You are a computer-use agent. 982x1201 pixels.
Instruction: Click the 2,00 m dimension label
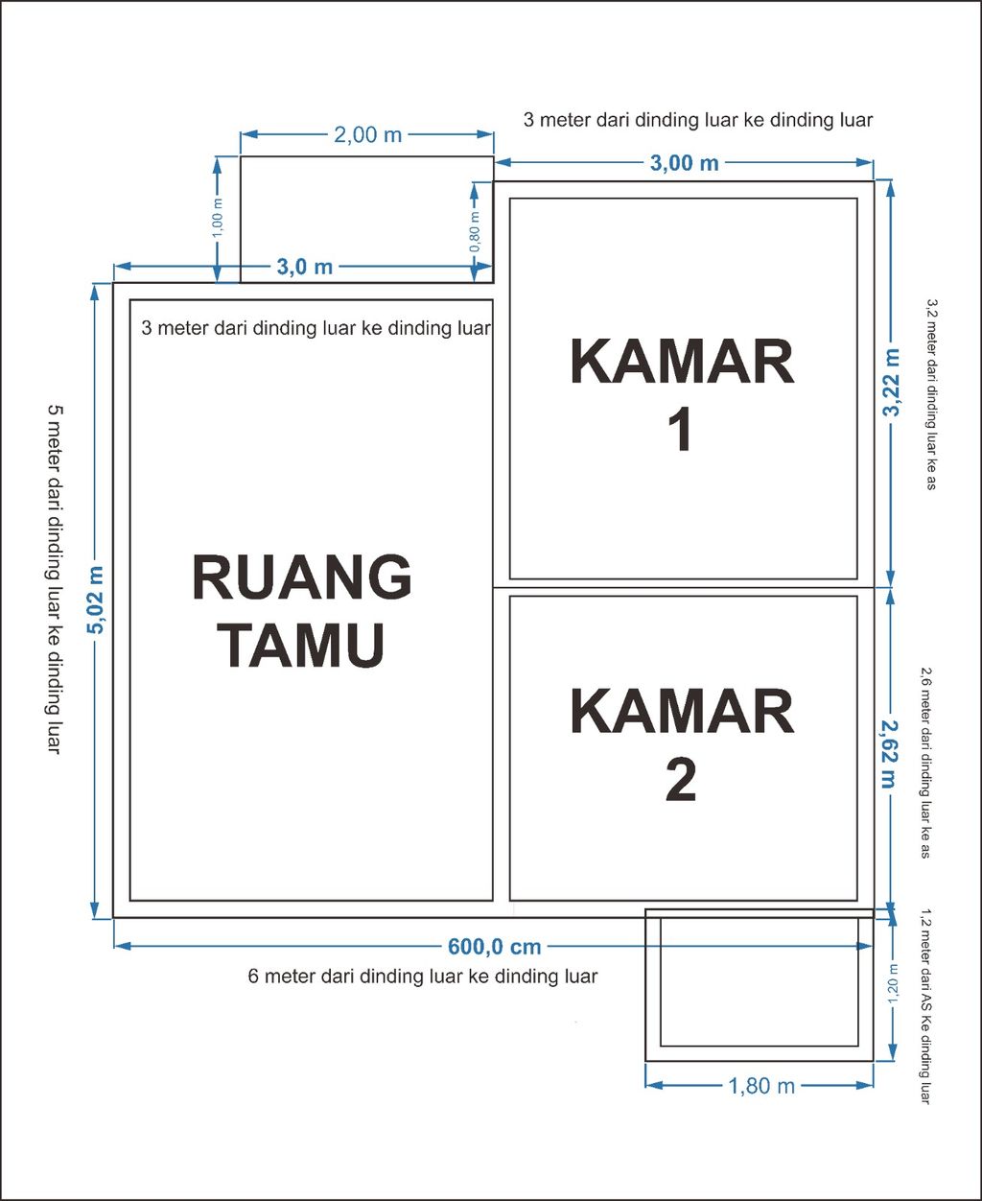pyautogui.click(x=367, y=135)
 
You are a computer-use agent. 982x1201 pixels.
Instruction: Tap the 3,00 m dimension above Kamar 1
pyautogui.click(x=684, y=163)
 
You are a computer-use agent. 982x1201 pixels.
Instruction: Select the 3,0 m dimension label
pyautogui.click(x=305, y=267)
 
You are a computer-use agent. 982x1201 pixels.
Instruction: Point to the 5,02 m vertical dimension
pyautogui.click(x=95, y=600)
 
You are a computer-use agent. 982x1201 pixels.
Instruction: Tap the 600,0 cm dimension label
pyautogui.click(x=494, y=947)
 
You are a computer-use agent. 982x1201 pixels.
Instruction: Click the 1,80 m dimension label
pyautogui.click(x=761, y=1086)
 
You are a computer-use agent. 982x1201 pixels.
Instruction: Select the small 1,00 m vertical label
pyautogui.click(x=218, y=219)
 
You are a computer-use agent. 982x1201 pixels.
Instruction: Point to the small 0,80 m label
pyautogui.click(x=476, y=231)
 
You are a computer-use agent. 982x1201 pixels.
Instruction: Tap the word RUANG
pyautogui.click(x=302, y=577)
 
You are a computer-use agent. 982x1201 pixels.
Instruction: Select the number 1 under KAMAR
pyautogui.click(x=681, y=431)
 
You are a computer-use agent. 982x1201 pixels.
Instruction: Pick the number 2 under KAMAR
pyautogui.click(x=681, y=781)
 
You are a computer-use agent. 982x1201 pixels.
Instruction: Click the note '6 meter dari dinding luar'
pyautogui.click(x=422, y=977)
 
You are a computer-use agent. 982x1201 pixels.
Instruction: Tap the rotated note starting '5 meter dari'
pyautogui.click(x=55, y=578)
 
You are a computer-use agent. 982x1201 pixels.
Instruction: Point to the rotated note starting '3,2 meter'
pyautogui.click(x=929, y=394)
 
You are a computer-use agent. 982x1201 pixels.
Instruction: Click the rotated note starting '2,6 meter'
pyautogui.click(x=925, y=762)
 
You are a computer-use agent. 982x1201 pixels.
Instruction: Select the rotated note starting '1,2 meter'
pyautogui.click(x=926, y=1005)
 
